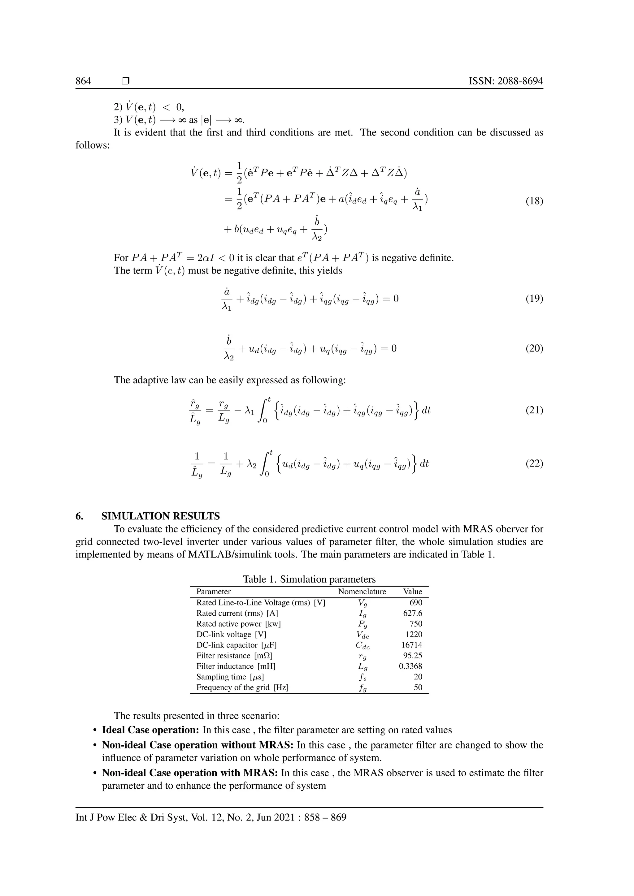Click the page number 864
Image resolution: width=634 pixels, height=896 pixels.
tap(83, 81)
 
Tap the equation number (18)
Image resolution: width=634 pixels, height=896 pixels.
tap(534, 201)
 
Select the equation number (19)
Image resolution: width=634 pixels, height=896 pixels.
tap(534, 299)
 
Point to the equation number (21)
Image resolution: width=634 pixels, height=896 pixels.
tap(534, 410)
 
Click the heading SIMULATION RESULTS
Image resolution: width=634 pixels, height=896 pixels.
tap(160, 516)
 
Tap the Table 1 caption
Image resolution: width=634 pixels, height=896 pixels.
tap(309, 579)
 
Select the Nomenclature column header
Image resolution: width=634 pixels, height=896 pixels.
tap(362, 592)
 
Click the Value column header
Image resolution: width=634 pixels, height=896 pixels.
tap(413, 592)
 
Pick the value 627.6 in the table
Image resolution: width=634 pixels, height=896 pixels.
tap(413, 613)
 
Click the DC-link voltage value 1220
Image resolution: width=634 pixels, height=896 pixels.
tap(414, 635)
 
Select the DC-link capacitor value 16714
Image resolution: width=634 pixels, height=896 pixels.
tap(412, 645)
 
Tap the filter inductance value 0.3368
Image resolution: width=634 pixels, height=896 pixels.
tap(411, 666)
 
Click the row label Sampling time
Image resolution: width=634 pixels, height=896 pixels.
tap(221, 677)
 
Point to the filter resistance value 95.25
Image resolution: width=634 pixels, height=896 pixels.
tap(413, 656)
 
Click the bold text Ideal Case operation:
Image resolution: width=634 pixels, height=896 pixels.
tap(151, 730)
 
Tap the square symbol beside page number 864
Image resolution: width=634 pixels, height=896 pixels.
tap(125, 81)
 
